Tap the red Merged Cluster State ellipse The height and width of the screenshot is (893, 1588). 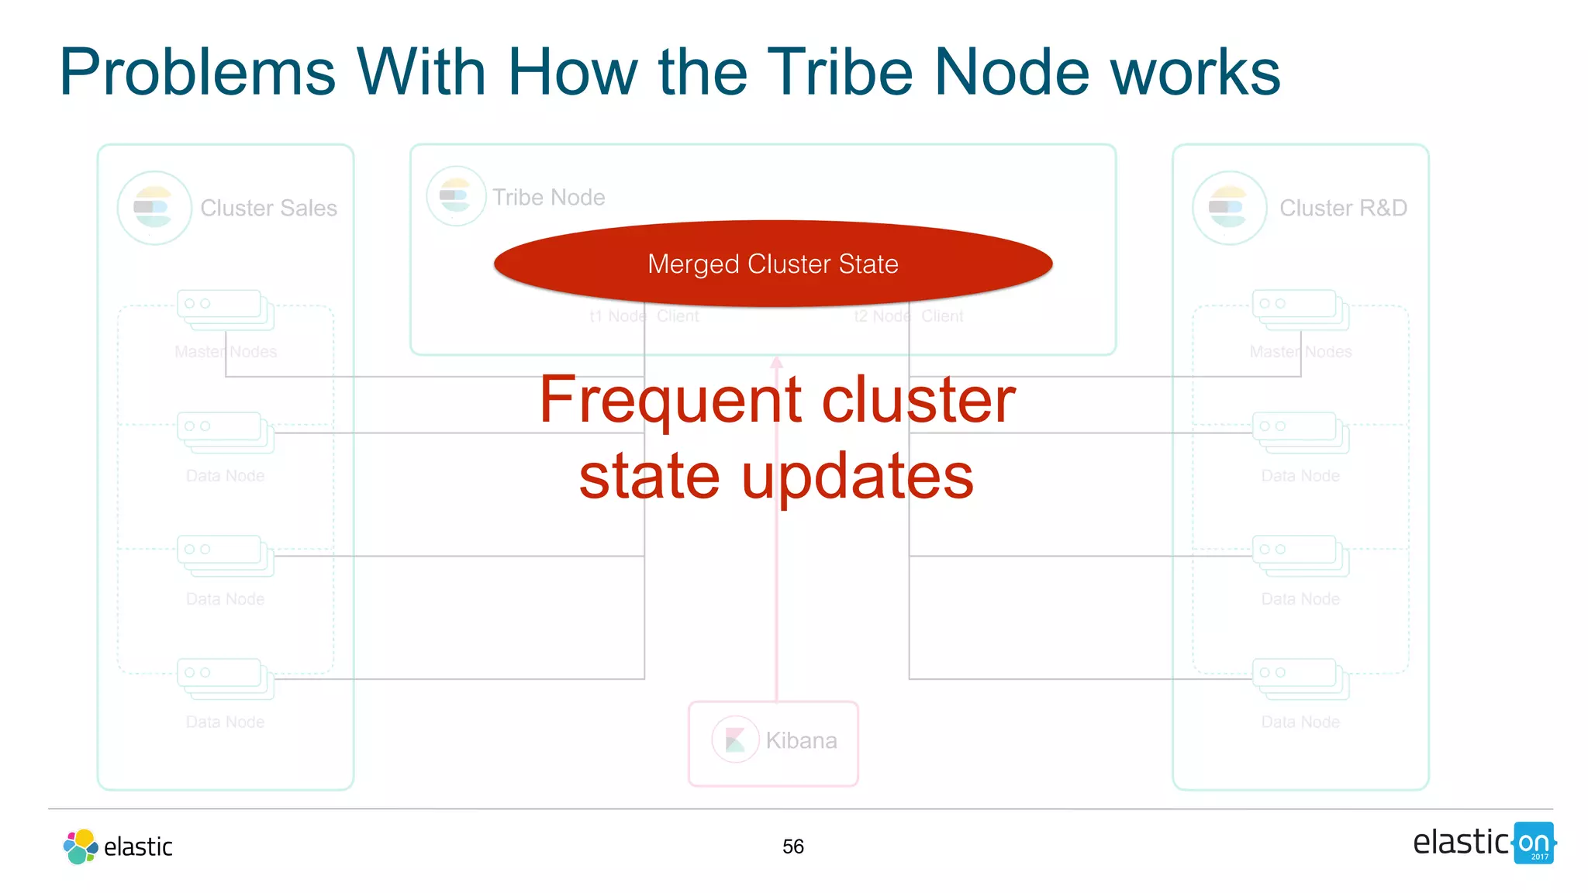pyautogui.click(x=772, y=264)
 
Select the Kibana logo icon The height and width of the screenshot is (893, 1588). pyautogui.click(x=734, y=740)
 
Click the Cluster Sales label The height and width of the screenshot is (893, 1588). pyautogui.click(x=268, y=208)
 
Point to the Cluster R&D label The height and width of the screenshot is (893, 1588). pyautogui.click(x=1343, y=208)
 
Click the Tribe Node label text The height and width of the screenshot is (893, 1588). pyautogui.click(x=549, y=198)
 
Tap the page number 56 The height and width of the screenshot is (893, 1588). pyautogui.click(x=792, y=846)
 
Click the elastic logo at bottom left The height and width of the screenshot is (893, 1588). pyautogui.click(x=118, y=846)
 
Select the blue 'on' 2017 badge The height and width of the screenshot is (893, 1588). pyautogui.click(x=1534, y=843)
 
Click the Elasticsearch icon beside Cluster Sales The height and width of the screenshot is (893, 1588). pyautogui.click(x=154, y=208)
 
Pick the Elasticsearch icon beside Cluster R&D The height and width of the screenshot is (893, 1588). pyautogui.click(x=1229, y=208)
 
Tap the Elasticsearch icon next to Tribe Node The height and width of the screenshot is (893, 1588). pyautogui.click(x=456, y=196)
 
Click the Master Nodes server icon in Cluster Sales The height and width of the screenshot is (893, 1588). pyautogui.click(x=225, y=309)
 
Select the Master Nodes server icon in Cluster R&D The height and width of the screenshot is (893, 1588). pyautogui.click(x=1300, y=309)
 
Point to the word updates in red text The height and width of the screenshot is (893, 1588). pyautogui.click(x=857, y=476)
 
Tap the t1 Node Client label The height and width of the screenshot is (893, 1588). pyautogui.click(x=644, y=316)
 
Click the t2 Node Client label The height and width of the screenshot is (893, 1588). pyautogui.click(x=908, y=316)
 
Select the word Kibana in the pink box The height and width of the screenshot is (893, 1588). pyautogui.click(x=801, y=740)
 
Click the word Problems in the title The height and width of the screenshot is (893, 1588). pyautogui.click(x=197, y=72)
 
